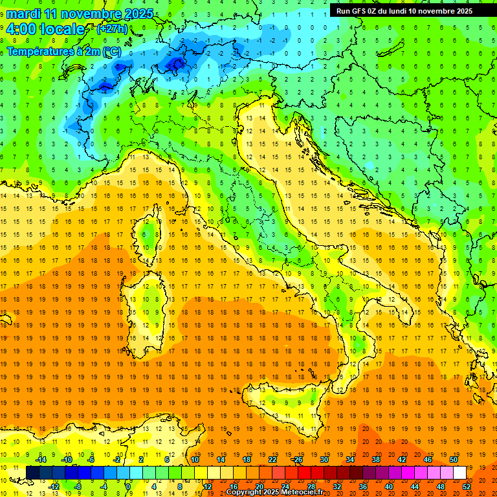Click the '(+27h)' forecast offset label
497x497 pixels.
click(112, 30)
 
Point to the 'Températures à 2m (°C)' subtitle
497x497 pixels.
click(63, 50)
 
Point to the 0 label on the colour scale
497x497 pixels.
click(127, 486)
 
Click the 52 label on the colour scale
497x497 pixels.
click(467, 486)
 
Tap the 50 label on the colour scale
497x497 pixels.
click(453, 459)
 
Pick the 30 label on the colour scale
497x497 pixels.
click(324, 459)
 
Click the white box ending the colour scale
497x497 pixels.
click(459, 472)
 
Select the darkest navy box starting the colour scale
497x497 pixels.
click(32, 472)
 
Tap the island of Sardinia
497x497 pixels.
click(146, 304)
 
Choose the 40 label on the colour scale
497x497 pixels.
click(389, 486)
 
